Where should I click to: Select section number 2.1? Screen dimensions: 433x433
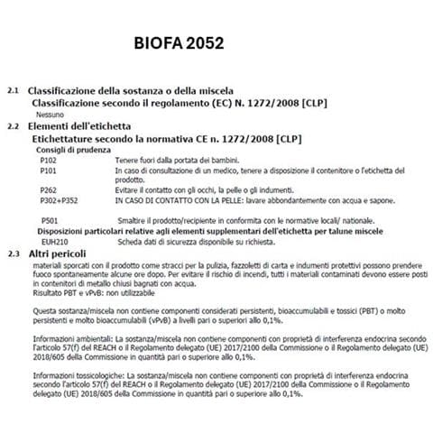[13, 93]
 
